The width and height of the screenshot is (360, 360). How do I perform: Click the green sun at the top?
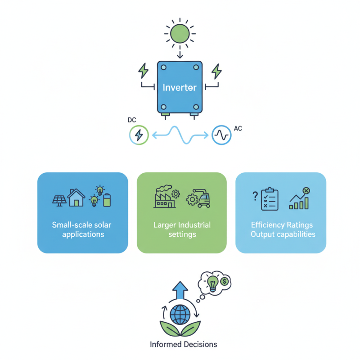pos(180,33)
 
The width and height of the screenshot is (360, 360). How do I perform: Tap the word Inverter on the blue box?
pos(180,87)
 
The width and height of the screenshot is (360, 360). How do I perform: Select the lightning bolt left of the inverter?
pos(143,71)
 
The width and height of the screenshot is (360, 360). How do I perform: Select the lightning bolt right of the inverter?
pos(216,71)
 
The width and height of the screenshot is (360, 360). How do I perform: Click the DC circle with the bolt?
pos(139,135)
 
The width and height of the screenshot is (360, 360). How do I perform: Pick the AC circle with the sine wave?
pos(221,135)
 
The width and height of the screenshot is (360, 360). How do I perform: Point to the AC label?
pos(238,129)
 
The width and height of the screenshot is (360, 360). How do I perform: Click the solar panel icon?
pos(58,200)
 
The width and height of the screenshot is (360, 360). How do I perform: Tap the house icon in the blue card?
pos(76,198)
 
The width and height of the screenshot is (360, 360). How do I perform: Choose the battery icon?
pos(107,200)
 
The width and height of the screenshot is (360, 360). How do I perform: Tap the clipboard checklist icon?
pos(270,198)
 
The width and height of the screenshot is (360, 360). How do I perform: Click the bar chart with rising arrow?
pos(299,199)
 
